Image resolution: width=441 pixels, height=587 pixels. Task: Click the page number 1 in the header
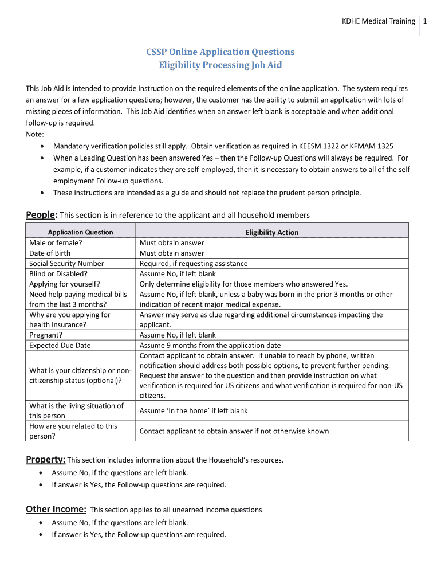[x=426, y=21]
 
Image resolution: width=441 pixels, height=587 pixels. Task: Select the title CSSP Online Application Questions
[x=220, y=52]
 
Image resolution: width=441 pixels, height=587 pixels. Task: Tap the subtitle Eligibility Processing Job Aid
[x=220, y=65]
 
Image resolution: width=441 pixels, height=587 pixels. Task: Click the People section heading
[x=41, y=215]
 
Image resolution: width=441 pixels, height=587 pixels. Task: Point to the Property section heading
[x=46, y=460]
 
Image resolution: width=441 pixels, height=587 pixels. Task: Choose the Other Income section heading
[x=56, y=509]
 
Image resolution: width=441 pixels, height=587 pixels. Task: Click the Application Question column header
[x=80, y=232]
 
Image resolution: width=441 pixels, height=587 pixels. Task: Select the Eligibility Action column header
[x=272, y=232]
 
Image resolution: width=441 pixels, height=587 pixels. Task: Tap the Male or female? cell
[x=56, y=242]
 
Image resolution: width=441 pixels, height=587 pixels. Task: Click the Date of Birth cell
[x=50, y=253]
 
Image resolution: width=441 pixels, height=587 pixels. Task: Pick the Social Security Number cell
[x=66, y=263]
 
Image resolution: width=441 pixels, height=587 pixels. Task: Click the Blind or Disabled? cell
[x=57, y=273]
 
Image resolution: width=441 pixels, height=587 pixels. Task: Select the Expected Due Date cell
[x=60, y=345]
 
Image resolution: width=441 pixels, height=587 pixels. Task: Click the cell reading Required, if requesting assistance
[x=194, y=263]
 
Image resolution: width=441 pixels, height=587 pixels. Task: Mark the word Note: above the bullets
[x=34, y=134]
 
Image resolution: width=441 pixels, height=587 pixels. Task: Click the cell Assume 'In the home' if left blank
[x=194, y=410]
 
